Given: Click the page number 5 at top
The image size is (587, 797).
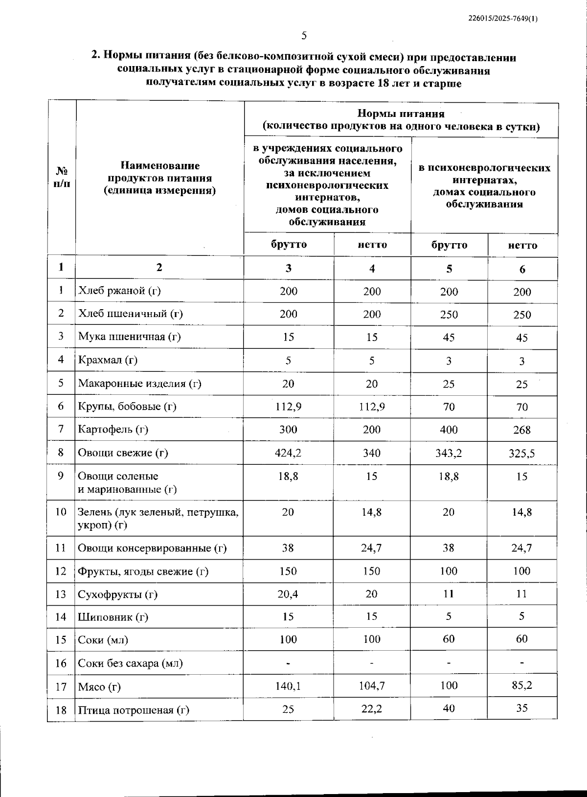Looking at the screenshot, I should pyautogui.click(x=304, y=35).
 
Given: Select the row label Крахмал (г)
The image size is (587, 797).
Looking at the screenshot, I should pyautogui.click(x=108, y=360).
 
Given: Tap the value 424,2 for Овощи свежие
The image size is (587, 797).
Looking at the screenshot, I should pyautogui.click(x=288, y=453).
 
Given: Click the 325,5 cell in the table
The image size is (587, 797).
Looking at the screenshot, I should pyautogui.click(x=521, y=454).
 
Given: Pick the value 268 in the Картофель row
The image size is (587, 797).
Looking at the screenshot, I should pyautogui.click(x=522, y=430).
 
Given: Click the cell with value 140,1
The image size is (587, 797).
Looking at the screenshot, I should pyautogui.click(x=288, y=686).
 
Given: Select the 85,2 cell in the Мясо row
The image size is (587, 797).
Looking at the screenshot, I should pyautogui.click(x=522, y=685).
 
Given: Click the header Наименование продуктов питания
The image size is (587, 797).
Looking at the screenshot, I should pyautogui.click(x=159, y=178).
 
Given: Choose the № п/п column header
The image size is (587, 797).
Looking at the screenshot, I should pyautogui.click(x=62, y=178).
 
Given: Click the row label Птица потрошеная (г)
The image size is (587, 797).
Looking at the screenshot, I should pyautogui.click(x=134, y=710).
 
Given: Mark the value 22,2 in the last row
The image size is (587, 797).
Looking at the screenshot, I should pyautogui.click(x=372, y=709).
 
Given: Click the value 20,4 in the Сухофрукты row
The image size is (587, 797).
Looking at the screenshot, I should pyautogui.click(x=288, y=594).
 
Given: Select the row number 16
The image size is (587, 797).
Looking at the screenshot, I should pyautogui.click(x=61, y=663).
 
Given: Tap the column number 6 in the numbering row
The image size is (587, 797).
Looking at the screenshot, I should pyautogui.click(x=522, y=269).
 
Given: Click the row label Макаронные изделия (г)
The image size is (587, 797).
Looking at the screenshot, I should pyautogui.click(x=139, y=383).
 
